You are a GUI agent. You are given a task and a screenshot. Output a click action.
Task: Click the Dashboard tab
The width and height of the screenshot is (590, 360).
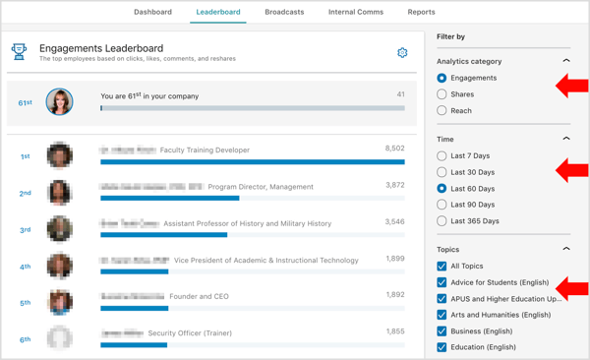coord(152,12)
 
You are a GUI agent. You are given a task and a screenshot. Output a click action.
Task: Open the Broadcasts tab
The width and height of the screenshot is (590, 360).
coord(284,12)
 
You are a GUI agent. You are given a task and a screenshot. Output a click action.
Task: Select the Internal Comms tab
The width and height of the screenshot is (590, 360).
coord(356,12)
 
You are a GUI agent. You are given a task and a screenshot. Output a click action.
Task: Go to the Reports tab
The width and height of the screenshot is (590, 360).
coord(421,12)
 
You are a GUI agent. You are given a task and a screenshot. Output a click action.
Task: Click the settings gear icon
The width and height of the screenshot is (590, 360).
coord(402,52)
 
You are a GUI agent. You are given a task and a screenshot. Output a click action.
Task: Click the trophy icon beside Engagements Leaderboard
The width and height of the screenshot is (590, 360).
coord(19,52)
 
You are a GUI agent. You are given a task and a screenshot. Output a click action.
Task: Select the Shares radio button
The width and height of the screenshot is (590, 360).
coord(442,94)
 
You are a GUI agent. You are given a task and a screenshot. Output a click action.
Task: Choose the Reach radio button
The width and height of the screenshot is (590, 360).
coord(442,111)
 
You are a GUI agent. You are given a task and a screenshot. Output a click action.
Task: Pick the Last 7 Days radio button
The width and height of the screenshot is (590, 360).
coord(442,155)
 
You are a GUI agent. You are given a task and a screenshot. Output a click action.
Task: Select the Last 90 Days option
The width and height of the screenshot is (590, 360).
coord(442,205)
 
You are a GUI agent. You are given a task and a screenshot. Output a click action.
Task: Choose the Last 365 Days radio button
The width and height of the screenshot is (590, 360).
coord(442,221)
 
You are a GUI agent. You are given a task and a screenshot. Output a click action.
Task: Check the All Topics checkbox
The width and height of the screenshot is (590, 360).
coord(442,267)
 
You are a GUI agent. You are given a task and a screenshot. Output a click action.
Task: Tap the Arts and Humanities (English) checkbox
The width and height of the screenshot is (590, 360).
coord(442,315)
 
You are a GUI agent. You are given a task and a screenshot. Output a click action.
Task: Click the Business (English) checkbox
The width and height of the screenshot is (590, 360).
coord(442,331)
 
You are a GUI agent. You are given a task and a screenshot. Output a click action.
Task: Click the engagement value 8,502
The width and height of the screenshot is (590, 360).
coord(394,149)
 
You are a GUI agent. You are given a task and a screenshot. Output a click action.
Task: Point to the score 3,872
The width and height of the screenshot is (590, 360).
coord(394,185)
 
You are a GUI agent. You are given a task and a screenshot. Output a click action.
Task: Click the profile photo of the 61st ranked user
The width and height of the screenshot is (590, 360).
coord(59,101)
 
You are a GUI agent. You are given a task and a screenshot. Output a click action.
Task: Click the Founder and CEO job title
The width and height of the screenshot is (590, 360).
coord(201,296)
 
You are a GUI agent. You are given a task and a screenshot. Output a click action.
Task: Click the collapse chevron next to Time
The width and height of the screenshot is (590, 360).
coord(565,139)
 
